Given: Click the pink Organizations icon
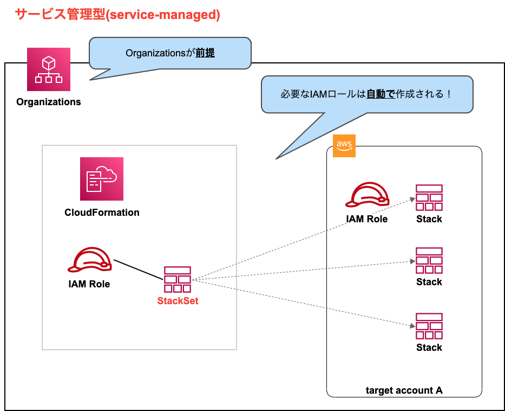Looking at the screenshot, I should coord(49,69).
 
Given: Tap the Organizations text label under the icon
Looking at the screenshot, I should coord(49,102).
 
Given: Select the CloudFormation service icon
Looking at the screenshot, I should coord(102,179).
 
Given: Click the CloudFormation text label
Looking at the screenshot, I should coord(102,213).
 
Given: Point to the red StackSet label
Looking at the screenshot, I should coord(178,301).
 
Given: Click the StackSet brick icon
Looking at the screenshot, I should coord(178,279).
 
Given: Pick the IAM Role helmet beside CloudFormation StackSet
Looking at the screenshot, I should coord(90,260).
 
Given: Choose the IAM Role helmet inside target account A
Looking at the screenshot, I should coord(368,196).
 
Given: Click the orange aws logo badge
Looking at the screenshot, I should coord(344,146).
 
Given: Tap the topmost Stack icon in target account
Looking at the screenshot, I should coord(429,197).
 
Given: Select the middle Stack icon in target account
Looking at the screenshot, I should coord(429,260).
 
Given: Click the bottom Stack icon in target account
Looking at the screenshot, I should coord(429,326).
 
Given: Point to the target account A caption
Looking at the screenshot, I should coord(404,390).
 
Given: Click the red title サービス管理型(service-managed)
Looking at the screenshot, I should coord(117,15).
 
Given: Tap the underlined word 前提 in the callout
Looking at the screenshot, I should coord(205,53).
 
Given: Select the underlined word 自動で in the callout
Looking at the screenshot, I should coord(380,94).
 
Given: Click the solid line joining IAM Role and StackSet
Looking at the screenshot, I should coord(138,269).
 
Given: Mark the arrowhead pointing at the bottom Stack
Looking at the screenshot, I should coord(412,326).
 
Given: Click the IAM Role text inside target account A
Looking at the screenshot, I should coord(367,220).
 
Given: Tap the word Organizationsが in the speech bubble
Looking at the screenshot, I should coord(160,53).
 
